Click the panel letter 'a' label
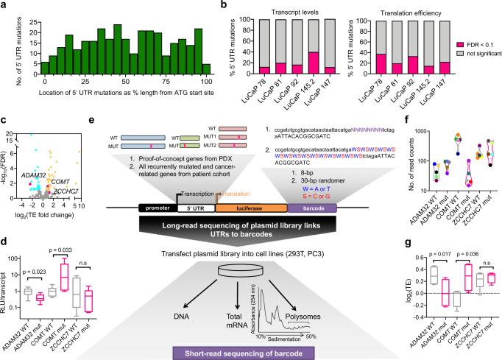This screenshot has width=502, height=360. [4, 5]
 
